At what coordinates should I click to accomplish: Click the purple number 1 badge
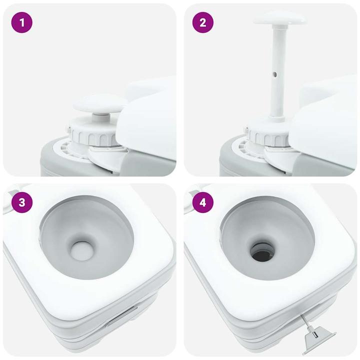[x=21, y=22]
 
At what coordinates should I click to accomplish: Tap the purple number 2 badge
[x=202, y=22]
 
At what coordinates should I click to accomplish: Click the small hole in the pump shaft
[x=274, y=75]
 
